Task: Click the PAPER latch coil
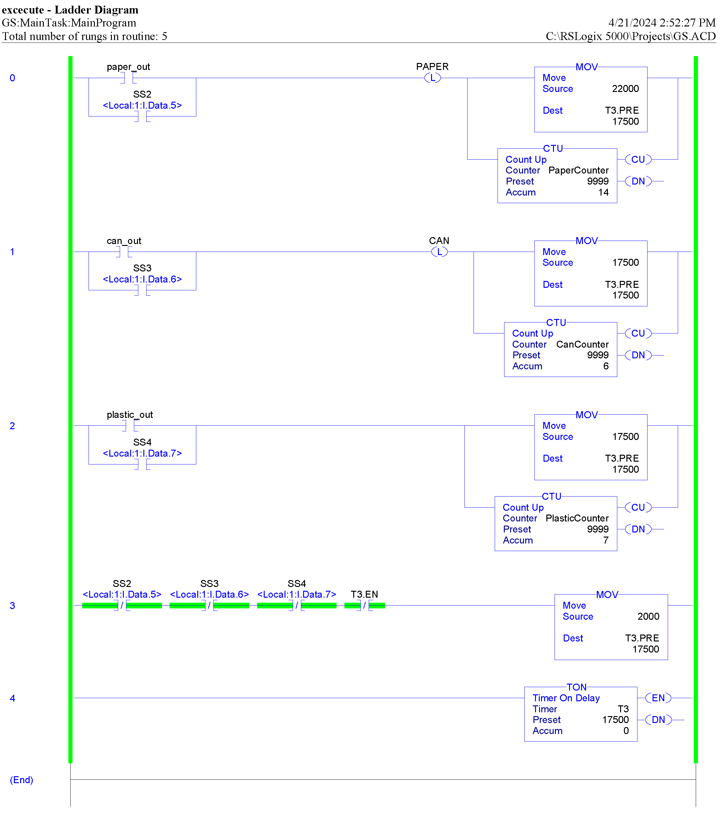(x=432, y=78)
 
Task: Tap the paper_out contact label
(x=128, y=66)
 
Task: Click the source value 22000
(x=625, y=88)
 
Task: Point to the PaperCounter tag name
(x=578, y=170)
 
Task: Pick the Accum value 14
(x=603, y=192)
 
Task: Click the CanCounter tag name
(x=582, y=344)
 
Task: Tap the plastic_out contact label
(x=130, y=415)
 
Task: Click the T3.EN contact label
(x=364, y=594)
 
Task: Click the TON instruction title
(x=576, y=687)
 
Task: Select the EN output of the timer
(x=658, y=698)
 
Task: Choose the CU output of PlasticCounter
(x=638, y=507)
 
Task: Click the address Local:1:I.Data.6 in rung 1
(x=142, y=279)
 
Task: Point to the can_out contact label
(x=124, y=241)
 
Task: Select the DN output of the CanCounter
(x=638, y=355)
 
